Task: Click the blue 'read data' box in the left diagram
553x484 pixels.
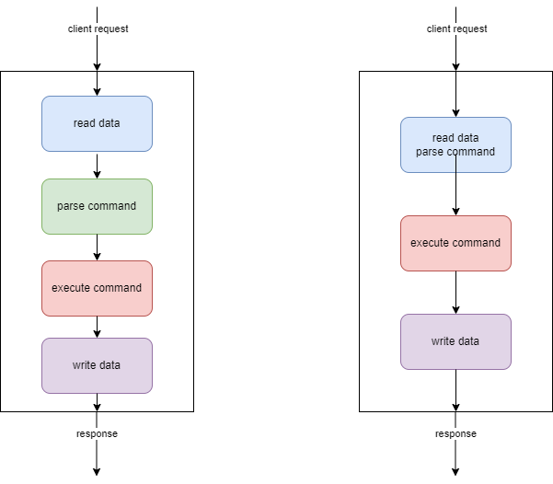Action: (97, 123)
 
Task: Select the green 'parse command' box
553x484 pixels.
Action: (97, 206)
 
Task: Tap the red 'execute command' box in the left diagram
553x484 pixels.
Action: (97, 288)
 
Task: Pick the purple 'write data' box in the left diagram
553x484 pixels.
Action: (97, 365)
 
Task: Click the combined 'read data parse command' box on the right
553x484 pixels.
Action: (455, 144)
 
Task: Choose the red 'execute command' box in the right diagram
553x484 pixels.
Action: (455, 243)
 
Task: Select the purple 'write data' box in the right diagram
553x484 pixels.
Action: (455, 341)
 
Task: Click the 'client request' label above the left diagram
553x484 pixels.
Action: (98, 29)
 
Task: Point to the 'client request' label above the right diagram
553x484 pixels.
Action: (456, 29)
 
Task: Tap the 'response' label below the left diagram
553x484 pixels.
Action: (97, 433)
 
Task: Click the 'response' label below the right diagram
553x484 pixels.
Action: (455, 433)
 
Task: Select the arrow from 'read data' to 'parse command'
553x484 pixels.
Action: (97, 165)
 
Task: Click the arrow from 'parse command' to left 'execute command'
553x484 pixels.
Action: (97, 247)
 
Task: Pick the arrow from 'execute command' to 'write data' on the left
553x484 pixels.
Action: (97, 327)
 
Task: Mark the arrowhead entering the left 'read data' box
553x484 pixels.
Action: (97, 91)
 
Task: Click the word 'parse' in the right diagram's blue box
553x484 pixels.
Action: (431, 152)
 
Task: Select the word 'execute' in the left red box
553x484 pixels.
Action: (71, 288)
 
